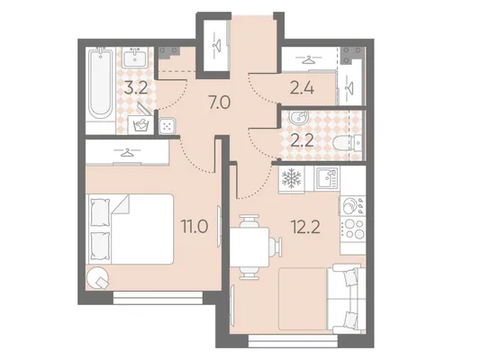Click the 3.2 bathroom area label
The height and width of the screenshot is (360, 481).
pos(136,87)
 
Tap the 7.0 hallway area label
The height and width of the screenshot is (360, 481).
pos(219,103)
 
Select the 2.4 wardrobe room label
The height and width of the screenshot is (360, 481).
pos(302,88)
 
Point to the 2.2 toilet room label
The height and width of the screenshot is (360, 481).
pos(302,141)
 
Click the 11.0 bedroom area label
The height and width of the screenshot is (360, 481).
pos(195,227)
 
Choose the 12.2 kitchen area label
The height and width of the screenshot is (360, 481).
pos(306,227)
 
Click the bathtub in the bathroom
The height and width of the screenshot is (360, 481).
pos(100,86)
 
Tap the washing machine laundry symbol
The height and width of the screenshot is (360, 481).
pos(141,125)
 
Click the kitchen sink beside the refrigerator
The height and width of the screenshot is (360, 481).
pos(327,178)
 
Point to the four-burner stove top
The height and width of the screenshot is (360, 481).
pos(353,229)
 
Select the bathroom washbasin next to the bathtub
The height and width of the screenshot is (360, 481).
pos(135,58)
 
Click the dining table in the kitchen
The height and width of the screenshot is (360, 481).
pos(250,247)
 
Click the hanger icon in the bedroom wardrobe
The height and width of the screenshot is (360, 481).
pos(127,152)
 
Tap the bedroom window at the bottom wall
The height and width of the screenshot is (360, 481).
pos(158,298)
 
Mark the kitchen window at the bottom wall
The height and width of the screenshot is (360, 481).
pos(293,341)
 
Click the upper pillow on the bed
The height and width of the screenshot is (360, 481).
pos(100,212)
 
